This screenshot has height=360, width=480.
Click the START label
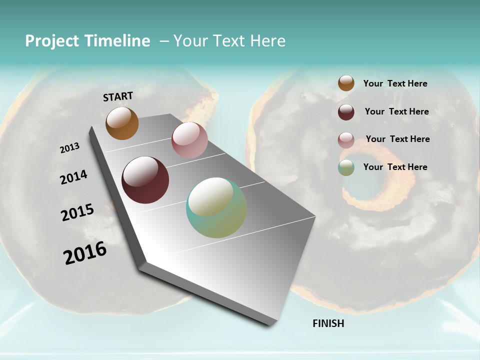point(118,96)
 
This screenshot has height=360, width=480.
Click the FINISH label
point(328,323)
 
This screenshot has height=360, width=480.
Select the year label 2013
point(69,148)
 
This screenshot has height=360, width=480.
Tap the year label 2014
point(73,177)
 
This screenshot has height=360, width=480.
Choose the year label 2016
point(85,253)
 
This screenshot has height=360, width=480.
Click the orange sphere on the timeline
point(122,123)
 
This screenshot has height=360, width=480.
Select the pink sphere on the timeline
point(189,140)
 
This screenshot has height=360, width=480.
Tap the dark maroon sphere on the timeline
point(145,180)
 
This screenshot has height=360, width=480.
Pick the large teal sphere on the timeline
point(216,208)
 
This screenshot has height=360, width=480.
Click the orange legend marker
point(346,83)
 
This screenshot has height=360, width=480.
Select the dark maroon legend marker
point(346,112)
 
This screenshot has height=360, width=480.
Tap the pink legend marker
point(346,140)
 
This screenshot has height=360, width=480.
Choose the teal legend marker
point(346,167)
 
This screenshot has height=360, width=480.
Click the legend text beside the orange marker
point(395,83)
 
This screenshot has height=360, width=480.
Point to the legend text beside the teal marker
point(395,167)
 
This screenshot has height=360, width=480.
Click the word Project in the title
point(52,41)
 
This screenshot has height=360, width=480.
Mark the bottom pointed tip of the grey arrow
point(270,325)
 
